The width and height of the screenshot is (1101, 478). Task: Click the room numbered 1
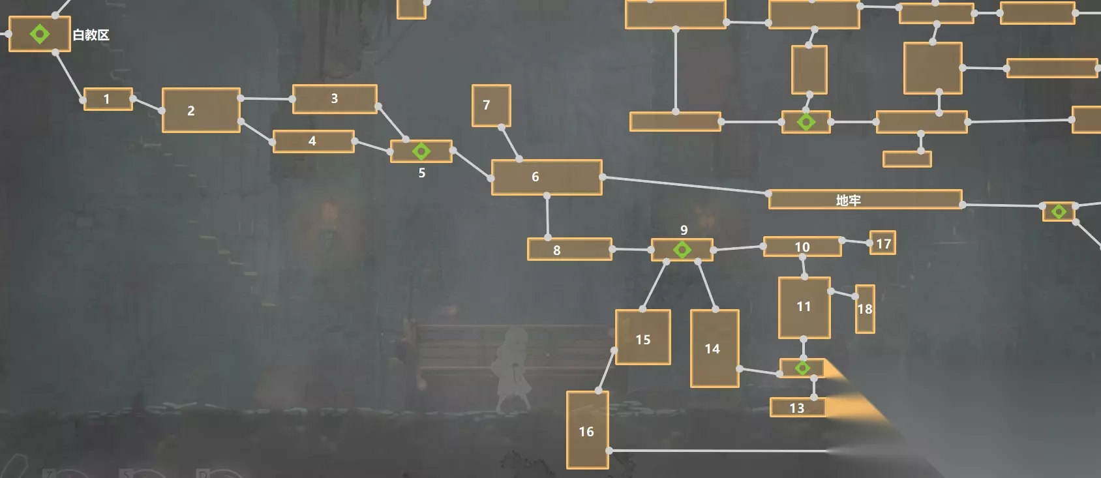coord(108,99)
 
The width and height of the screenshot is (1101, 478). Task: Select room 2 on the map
coord(201,110)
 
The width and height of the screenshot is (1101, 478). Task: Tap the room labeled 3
coord(335,98)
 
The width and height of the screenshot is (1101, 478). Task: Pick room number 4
coord(314,142)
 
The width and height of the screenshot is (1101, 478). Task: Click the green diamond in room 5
coord(421,151)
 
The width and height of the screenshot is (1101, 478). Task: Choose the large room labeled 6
coord(547,177)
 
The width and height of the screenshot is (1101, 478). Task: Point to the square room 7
coord(491,106)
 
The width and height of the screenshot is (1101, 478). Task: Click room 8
coord(569,249)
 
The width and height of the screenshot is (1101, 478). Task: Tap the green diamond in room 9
coord(682,250)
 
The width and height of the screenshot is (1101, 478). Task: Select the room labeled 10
coord(802,246)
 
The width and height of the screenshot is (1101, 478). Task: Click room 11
coord(804,308)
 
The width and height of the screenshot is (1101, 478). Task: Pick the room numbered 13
coord(797,408)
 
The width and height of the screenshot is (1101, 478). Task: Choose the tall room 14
coord(715,348)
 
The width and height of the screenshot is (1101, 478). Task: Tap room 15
coord(643,337)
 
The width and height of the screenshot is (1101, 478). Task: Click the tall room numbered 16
coord(588,430)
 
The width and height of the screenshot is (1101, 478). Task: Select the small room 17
coord(882,243)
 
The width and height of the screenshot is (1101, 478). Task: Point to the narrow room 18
coord(865,309)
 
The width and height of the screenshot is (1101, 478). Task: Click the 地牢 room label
coord(849,200)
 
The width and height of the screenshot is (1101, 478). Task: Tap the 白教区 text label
coord(91,35)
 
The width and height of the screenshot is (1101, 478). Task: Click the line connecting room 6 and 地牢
coord(686,185)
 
